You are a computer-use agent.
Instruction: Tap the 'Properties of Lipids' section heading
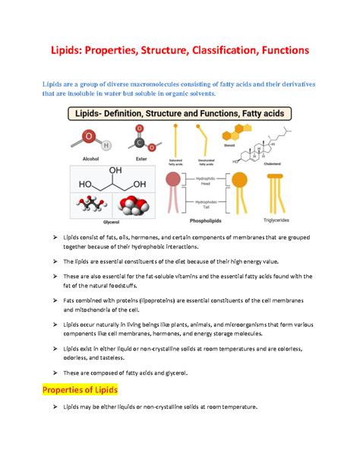click(81, 390)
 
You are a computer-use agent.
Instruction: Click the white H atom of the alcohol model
click(106, 145)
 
